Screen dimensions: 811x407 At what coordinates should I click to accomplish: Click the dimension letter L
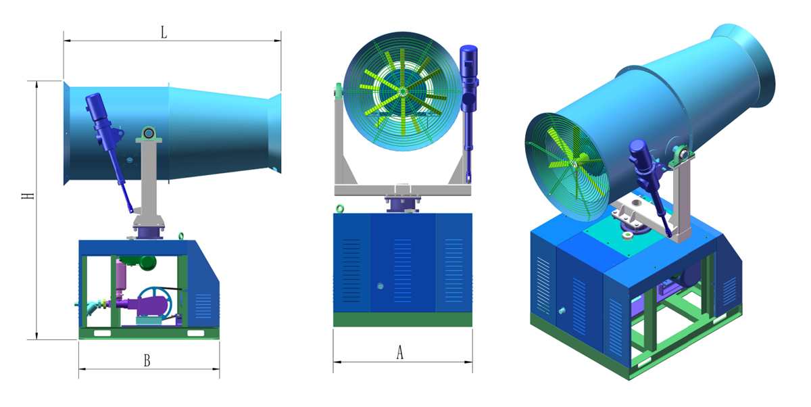point(164,32)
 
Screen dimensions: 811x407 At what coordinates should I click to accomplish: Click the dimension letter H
point(28,196)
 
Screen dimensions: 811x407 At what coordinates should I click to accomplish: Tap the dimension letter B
point(147,360)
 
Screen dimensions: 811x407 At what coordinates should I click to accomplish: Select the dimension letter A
point(399,352)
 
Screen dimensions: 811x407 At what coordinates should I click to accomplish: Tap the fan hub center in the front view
point(402,93)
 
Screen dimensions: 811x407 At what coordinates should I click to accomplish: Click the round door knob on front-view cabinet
point(380,286)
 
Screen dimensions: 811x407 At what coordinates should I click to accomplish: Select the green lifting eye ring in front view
point(339,208)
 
